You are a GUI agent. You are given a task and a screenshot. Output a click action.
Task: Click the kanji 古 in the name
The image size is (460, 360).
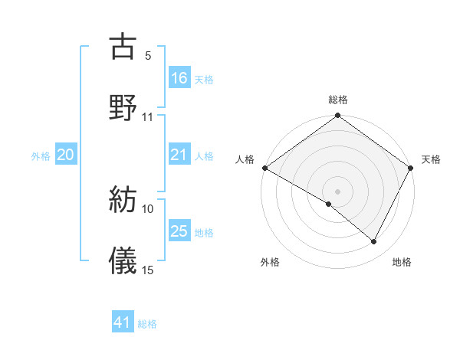[x=123, y=47]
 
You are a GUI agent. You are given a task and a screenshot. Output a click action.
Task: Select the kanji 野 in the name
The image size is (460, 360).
[x=123, y=106]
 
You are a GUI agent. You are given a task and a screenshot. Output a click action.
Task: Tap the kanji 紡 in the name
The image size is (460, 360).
[x=123, y=200]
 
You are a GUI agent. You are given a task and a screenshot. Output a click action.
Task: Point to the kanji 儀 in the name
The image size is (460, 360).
[x=123, y=260]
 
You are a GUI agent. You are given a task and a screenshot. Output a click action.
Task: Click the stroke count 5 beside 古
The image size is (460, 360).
[x=148, y=56]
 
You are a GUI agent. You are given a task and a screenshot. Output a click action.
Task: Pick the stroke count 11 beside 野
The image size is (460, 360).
[x=148, y=117]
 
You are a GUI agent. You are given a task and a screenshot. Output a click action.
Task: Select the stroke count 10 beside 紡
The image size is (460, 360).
[x=148, y=208]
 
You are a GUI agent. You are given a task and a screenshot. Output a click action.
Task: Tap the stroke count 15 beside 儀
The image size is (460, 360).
[x=148, y=270]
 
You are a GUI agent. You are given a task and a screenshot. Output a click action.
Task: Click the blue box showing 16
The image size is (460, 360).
[x=179, y=77]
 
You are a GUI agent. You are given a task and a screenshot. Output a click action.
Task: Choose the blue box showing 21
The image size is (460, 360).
[x=179, y=155]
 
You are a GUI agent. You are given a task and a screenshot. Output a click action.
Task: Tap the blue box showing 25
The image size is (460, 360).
[x=179, y=231]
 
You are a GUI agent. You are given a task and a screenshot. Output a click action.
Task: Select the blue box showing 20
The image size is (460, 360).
[x=66, y=155]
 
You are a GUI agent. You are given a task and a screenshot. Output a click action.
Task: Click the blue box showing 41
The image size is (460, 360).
[x=123, y=322]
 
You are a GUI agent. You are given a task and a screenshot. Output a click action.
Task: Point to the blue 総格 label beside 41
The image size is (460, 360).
[x=147, y=324]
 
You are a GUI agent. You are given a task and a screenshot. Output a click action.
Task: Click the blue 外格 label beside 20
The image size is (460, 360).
[x=41, y=156]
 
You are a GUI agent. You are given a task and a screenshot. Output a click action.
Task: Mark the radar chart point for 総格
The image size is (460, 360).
[x=337, y=116]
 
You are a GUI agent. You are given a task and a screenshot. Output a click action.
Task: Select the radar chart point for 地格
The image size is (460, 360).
[x=374, y=242]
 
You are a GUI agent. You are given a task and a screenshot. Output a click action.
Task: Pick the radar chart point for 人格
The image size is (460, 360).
[x=264, y=168]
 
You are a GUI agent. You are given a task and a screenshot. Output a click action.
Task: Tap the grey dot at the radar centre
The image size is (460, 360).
[x=337, y=191]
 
